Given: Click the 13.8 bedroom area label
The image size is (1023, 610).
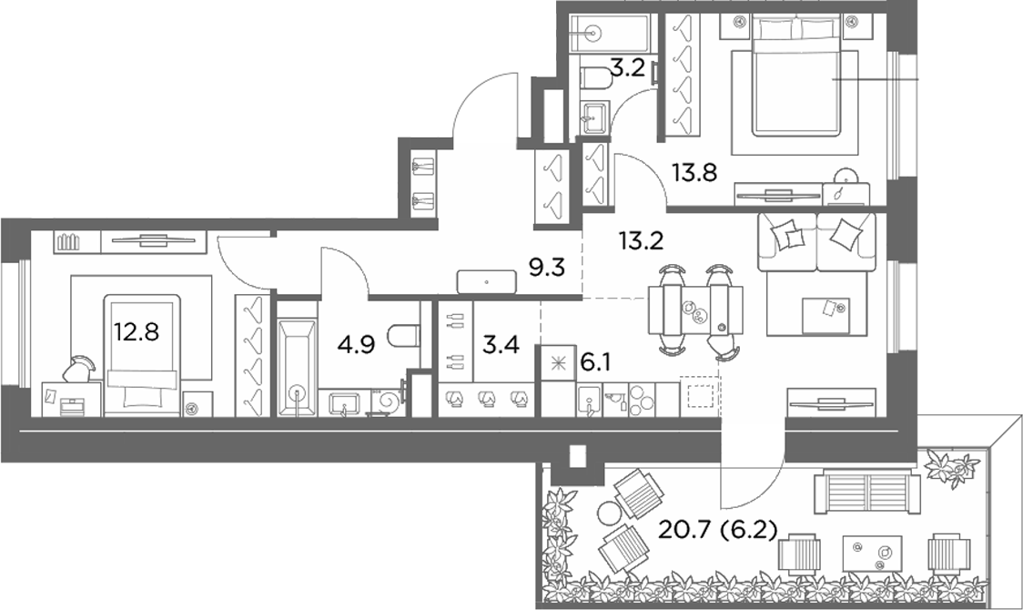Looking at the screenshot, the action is pyautogui.click(x=694, y=173).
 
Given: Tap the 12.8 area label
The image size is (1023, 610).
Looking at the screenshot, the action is pyautogui.click(x=137, y=332).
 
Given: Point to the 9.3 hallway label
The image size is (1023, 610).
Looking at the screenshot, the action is pyautogui.click(x=546, y=268).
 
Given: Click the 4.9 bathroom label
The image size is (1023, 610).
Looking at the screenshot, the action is pyautogui.click(x=356, y=344).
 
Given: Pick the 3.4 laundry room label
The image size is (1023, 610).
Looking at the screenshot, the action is pyautogui.click(x=501, y=344).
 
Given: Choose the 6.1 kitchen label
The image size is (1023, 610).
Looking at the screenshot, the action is pyautogui.click(x=595, y=362).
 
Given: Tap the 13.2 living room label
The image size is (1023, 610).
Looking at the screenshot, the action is pyautogui.click(x=641, y=241).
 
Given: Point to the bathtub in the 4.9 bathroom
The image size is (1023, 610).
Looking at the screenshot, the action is pyautogui.click(x=298, y=368).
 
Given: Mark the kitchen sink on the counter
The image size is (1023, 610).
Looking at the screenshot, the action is pyautogui.click(x=590, y=400).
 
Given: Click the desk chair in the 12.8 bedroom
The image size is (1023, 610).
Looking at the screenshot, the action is pyautogui.click(x=78, y=369).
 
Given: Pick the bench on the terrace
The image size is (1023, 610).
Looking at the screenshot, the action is pyautogui.click(x=867, y=485).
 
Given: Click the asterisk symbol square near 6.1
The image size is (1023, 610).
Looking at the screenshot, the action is pyautogui.click(x=556, y=363).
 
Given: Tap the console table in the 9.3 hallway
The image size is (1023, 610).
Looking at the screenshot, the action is pyautogui.click(x=487, y=282).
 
